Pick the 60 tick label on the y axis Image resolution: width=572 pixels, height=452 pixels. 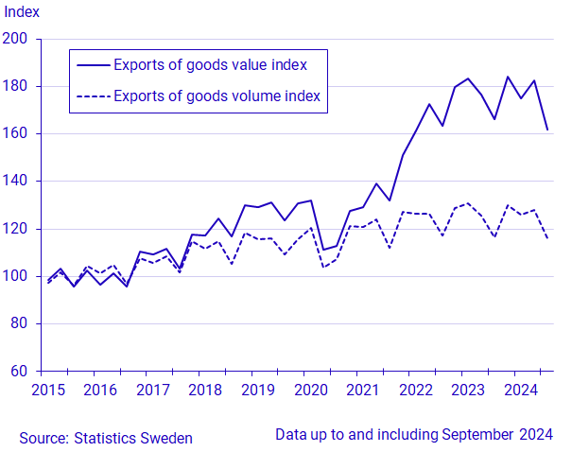(20, 371)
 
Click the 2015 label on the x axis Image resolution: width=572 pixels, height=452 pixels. (48, 390)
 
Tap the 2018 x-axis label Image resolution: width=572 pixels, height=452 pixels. (203, 390)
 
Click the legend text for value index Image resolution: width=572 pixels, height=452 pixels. (209, 64)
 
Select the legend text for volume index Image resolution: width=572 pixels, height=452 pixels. (217, 96)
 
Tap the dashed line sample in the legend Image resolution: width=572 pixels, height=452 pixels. (93, 96)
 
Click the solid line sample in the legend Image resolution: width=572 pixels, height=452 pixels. (93, 64)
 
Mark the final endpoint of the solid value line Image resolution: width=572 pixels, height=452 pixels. (547, 130)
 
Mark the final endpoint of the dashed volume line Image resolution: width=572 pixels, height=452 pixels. (547, 237)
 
